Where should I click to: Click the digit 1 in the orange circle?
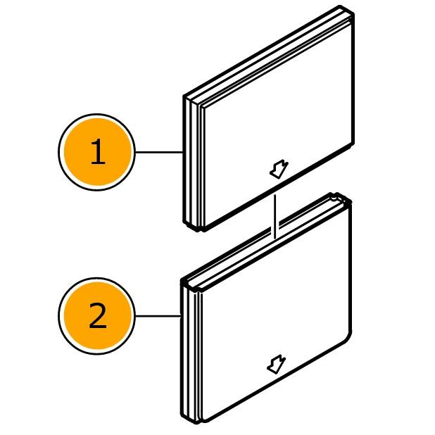pyautogui.click(x=98, y=151)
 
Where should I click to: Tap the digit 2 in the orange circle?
pyautogui.click(x=98, y=316)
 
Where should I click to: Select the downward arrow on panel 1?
pyautogui.click(x=279, y=169)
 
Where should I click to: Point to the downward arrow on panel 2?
pyautogui.click(x=277, y=364)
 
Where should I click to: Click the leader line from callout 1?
pyautogui.click(x=159, y=152)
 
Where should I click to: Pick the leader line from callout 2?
pyautogui.click(x=158, y=316)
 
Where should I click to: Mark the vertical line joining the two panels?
pyautogui.click(x=275, y=217)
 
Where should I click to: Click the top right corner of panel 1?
pyautogui.click(x=353, y=13)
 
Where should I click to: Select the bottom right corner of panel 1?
pyautogui.click(x=353, y=145)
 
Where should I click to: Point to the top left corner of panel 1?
pyautogui.click(x=185, y=97)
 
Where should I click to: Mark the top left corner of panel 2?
pyautogui.click(x=183, y=282)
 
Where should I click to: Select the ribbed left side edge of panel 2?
pyautogui.click(x=191, y=353)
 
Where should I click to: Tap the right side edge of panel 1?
pyautogui.click(x=353, y=80)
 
